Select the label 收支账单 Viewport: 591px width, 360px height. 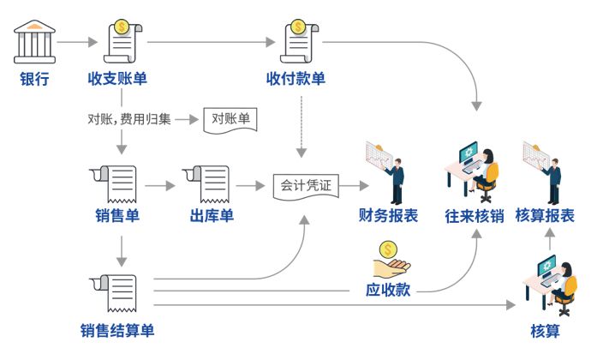(117, 80)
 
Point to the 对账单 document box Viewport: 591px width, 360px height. (230, 119)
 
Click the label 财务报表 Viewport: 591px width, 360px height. (388, 216)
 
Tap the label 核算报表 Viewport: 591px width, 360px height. (545, 216)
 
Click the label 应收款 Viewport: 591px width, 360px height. (387, 290)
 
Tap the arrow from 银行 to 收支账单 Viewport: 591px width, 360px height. (76, 41)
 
